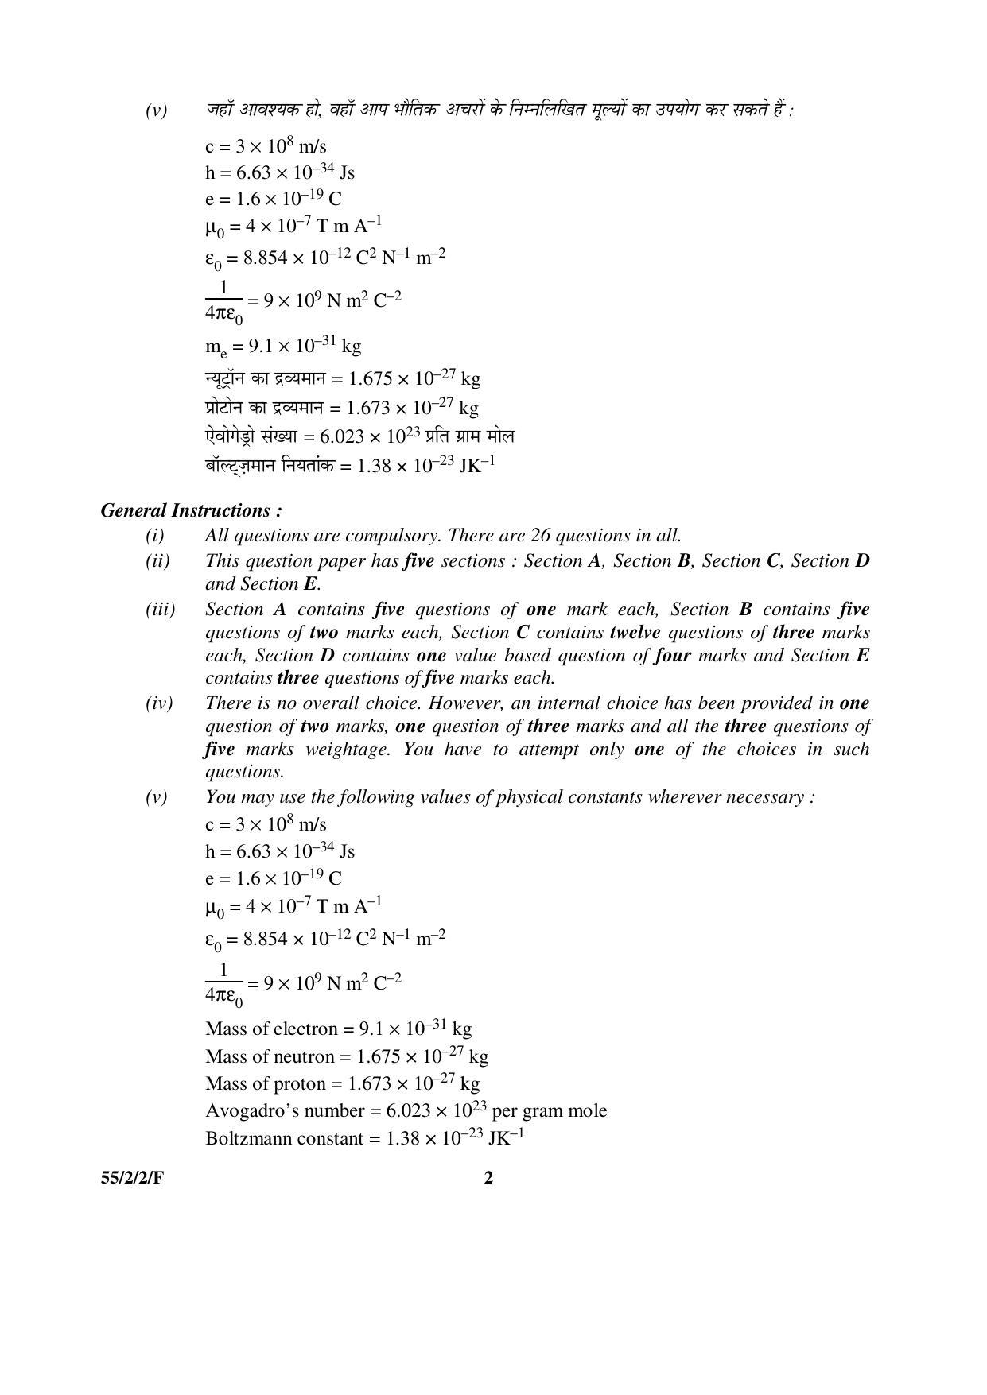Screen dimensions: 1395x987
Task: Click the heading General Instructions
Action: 191,510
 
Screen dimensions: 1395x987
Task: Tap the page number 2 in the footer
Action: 488,1177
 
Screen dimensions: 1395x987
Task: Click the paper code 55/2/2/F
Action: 132,1178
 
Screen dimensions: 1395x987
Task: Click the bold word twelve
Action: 635,633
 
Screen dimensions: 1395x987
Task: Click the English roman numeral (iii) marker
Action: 160,610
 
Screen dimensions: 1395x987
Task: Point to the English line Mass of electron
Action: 338,1029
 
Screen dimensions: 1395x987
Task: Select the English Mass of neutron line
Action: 346,1056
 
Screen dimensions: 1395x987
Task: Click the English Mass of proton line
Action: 342,1083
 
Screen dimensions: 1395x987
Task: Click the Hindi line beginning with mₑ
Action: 283,347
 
